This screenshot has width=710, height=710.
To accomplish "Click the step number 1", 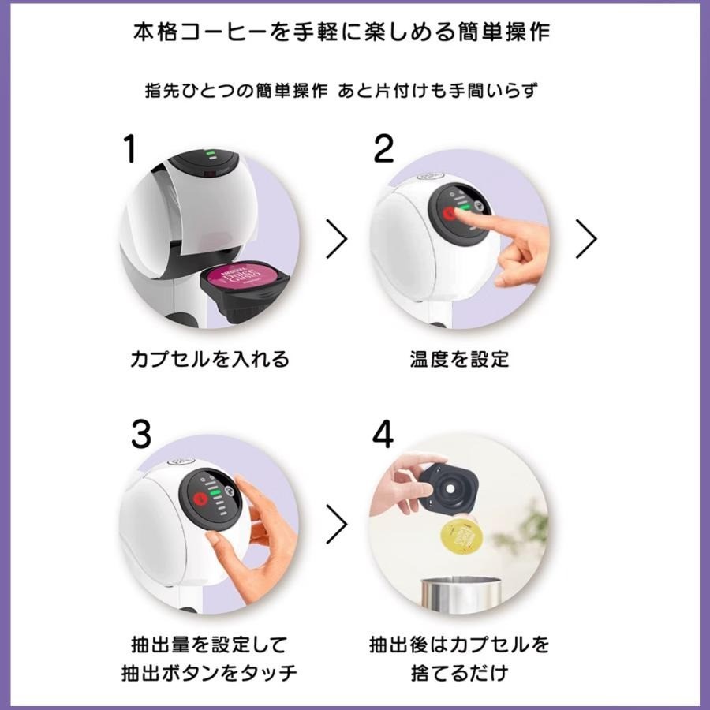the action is pyautogui.click(x=130, y=148).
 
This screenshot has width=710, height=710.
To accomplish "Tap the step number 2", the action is pyautogui.click(x=383, y=148).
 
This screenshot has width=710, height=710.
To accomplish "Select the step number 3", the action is pyautogui.click(x=141, y=434).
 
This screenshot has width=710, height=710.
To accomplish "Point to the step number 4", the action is pyautogui.click(x=383, y=434).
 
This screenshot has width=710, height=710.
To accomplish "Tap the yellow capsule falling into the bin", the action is pyautogui.click(x=461, y=537).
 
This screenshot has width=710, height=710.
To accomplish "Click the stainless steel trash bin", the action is pyautogui.click(x=461, y=595).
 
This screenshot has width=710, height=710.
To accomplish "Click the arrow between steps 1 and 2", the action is pyautogui.click(x=337, y=238).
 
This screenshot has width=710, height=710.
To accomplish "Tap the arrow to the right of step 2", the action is pyautogui.click(x=586, y=238).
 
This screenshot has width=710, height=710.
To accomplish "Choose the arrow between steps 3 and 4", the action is pyautogui.click(x=337, y=524).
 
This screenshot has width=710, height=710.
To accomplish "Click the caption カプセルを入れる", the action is pyautogui.click(x=210, y=359).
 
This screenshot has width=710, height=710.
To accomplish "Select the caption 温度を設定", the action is pyautogui.click(x=460, y=359).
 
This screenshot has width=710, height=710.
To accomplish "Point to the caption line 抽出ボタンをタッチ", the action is pyautogui.click(x=209, y=673).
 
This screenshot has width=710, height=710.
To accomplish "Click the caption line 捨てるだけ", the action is pyautogui.click(x=460, y=673).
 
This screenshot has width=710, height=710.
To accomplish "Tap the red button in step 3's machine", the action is pyautogui.click(x=200, y=499).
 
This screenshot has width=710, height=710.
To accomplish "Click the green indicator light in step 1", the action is pyautogui.click(x=211, y=153).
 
